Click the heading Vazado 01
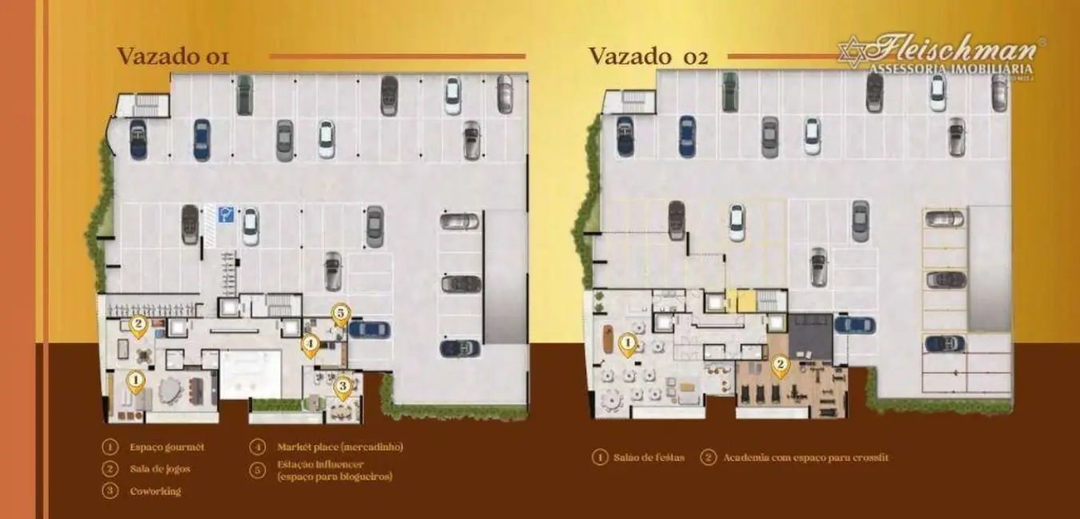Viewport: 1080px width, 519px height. pyautogui.click(x=173, y=57)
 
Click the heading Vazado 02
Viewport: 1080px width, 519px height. pyautogui.click(x=647, y=57)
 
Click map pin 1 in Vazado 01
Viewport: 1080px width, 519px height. pyautogui.click(x=136, y=381)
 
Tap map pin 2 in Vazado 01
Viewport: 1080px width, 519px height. pyautogui.click(x=139, y=324)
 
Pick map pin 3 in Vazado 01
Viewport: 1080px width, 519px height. pyautogui.click(x=342, y=387)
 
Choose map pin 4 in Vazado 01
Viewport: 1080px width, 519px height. pyautogui.click(x=311, y=345)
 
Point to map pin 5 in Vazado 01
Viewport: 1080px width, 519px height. pyautogui.click(x=340, y=314)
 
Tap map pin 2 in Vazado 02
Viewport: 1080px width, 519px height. pyautogui.click(x=780, y=366)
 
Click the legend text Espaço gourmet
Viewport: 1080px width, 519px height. pyautogui.click(x=167, y=447)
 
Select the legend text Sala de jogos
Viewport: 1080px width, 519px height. pyautogui.click(x=160, y=469)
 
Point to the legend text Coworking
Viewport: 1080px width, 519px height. pyautogui.click(x=155, y=491)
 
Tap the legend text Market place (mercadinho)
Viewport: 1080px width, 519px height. pyautogui.click(x=339, y=447)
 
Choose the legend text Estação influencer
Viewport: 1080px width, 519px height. pyautogui.click(x=320, y=464)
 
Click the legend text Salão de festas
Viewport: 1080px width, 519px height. pyautogui.click(x=649, y=458)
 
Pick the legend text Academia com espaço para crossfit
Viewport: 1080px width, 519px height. pyautogui.click(x=805, y=458)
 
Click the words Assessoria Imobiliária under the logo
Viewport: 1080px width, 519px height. pyautogui.click(x=950, y=69)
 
